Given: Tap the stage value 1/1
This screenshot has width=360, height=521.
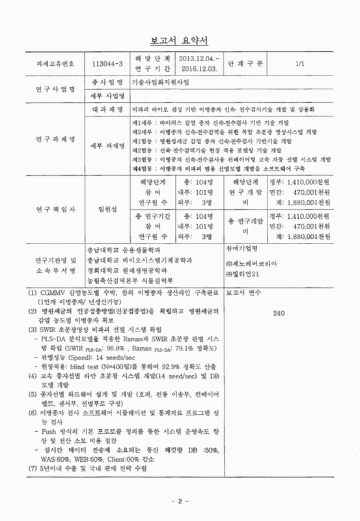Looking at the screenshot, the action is [x=299, y=64].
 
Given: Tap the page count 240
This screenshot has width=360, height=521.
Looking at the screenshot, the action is [x=280, y=313].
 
